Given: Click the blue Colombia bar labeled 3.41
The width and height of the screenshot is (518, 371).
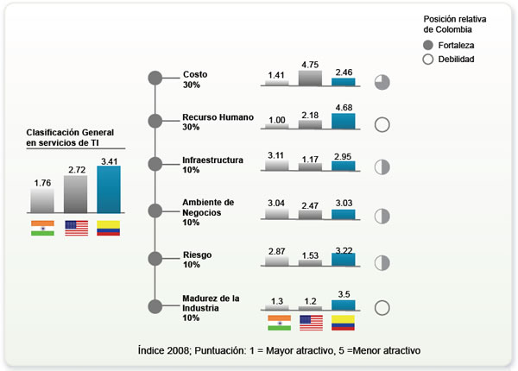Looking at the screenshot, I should [x=108, y=188].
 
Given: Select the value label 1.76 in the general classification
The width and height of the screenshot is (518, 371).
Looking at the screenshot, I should [x=42, y=183].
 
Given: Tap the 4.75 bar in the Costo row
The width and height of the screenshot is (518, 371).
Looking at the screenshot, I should [x=310, y=78].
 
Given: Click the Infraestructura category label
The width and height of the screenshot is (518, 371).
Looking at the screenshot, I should [x=213, y=160].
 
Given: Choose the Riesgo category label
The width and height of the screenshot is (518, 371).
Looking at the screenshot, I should [x=197, y=255].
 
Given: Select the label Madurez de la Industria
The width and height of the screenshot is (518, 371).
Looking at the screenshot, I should [x=212, y=303].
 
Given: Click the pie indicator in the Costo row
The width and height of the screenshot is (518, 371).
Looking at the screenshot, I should [x=382, y=82].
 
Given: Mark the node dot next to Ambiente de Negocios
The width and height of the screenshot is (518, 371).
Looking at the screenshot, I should [x=155, y=210].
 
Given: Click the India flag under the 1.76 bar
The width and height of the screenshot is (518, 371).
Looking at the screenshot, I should [x=42, y=229].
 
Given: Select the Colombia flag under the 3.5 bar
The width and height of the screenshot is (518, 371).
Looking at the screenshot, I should [x=344, y=323].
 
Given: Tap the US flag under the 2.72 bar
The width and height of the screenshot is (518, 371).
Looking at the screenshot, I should [x=76, y=229].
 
